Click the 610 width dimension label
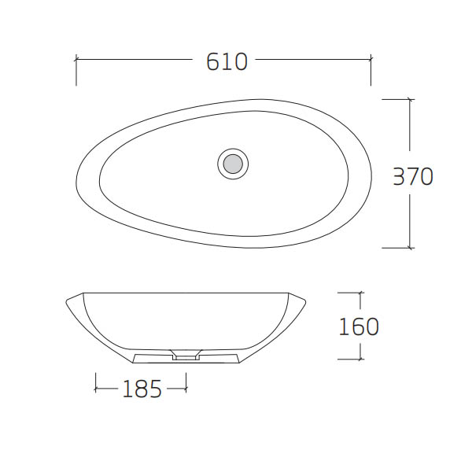[x=227, y=61]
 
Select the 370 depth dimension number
[x=413, y=176]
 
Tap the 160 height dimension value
[x=359, y=326]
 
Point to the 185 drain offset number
[x=142, y=389]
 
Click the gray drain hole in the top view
[x=233, y=164]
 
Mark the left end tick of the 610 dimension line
[x=76, y=59]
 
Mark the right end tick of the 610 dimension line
[x=371, y=59]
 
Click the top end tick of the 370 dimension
[x=409, y=99]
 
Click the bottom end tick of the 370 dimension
[x=409, y=248]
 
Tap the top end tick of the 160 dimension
[x=360, y=293]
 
